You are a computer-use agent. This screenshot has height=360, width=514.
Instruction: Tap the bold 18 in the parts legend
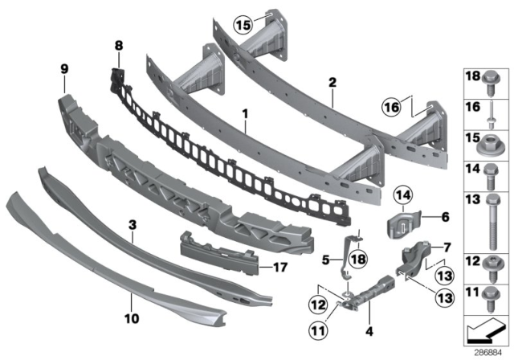pos(473,76)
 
